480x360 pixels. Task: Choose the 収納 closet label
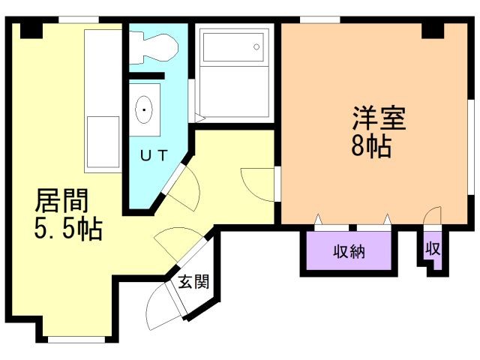coord(349,251)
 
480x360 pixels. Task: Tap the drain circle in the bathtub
coord(256,46)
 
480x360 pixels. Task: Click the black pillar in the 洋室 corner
coord(433,30)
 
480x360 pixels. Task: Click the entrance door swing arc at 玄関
coord(159,307)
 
